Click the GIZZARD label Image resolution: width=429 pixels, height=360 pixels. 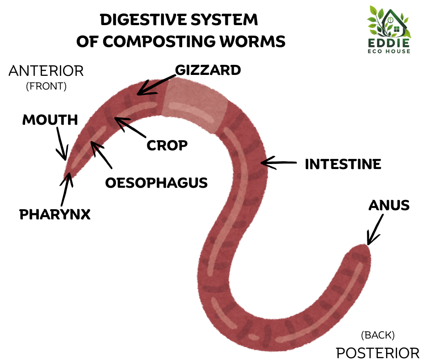point(208,70)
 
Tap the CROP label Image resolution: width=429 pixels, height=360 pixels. point(167,145)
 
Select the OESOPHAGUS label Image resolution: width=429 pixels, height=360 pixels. point(157,183)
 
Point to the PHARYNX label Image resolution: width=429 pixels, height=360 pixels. point(55,214)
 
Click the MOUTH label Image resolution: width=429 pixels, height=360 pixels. point(50,120)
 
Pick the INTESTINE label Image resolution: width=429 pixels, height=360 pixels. point(343,164)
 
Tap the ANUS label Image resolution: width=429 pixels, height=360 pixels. point(389,206)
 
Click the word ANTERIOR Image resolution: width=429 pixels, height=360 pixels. point(46,71)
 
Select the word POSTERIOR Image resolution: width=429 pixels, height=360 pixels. point(377,353)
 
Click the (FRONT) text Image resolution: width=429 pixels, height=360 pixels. point(46,86)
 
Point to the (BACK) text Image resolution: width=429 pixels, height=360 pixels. point(377,335)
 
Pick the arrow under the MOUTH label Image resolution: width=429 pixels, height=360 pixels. point(62,143)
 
